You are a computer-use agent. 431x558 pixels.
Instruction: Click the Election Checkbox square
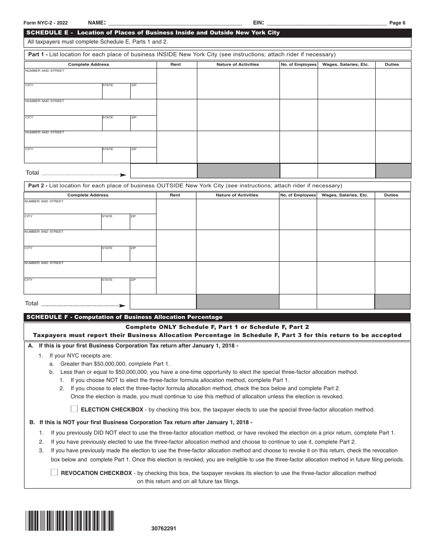click(74, 409)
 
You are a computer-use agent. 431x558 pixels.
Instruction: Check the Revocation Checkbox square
click(54, 472)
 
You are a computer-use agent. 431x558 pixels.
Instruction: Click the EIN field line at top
click(326, 23)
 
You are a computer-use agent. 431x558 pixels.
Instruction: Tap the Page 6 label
click(397, 23)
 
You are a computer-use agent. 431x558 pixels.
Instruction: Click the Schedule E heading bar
click(218, 33)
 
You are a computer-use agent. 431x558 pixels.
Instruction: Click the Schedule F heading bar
click(218, 317)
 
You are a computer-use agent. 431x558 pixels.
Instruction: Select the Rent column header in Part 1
click(176, 64)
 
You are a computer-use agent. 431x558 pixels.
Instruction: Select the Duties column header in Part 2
click(391, 195)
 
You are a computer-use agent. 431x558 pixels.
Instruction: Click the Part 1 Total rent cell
click(163, 171)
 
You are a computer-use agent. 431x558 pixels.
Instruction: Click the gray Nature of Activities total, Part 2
click(237, 302)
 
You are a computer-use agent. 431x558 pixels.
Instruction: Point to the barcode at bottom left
click(70, 521)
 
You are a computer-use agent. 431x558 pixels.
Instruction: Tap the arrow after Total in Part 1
click(122, 175)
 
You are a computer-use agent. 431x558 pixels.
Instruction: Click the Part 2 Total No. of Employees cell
click(298, 302)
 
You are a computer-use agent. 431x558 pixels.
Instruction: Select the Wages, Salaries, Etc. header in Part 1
click(346, 64)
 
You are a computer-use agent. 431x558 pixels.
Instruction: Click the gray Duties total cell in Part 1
click(393, 171)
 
